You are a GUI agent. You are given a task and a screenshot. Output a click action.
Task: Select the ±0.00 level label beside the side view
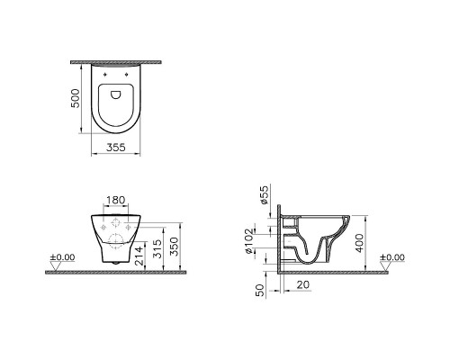392,257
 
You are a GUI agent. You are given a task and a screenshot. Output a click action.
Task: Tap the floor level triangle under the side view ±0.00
383,265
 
